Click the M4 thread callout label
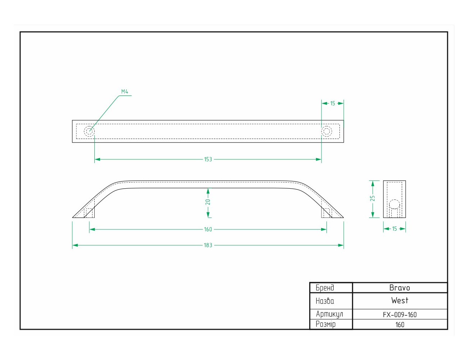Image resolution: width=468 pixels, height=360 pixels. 125,92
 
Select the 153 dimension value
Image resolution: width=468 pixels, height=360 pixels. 208,159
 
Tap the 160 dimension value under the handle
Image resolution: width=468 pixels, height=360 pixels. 208,229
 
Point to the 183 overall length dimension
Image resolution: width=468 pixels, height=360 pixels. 208,245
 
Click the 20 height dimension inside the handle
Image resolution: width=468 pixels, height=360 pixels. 208,202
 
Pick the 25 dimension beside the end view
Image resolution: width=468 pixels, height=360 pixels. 373,198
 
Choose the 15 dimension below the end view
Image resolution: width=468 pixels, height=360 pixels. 394,229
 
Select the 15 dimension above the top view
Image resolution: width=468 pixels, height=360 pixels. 333,104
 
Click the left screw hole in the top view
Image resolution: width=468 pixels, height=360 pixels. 89,131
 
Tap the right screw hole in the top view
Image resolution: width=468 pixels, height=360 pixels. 327,131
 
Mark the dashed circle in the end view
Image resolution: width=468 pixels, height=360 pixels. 394,204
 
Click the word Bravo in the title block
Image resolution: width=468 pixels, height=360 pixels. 400,288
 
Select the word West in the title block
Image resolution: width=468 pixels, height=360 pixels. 400,300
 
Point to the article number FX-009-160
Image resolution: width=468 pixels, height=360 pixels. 400,315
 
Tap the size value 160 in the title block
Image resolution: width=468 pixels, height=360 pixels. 400,325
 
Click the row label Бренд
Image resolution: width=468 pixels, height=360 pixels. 325,288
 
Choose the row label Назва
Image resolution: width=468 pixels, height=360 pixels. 325,301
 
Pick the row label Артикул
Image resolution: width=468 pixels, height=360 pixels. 329,314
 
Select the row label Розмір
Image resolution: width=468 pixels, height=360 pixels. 325,324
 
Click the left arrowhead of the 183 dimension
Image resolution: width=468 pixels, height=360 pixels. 75,245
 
